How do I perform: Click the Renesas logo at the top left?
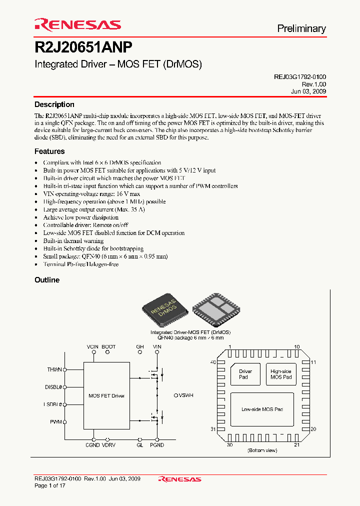pyautogui.click(x=77, y=25)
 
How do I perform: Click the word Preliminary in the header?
pyautogui.click(x=301, y=28)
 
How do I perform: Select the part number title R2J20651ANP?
pyautogui.click(x=83, y=47)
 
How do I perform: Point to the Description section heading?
pyautogui.click(x=54, y=104)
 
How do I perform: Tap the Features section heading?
pyautogui.click(x=49, y=151)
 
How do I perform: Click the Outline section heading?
pyautogui.click(x=47, y=280)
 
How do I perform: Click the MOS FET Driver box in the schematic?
pyautogui.click(x=106, y=395)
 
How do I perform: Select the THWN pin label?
pyautogui.click(x=54, y=369)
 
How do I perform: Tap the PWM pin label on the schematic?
pyautogui.click(x=56, y=422)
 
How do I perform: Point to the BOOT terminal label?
pyautogui.click(x=108, y=346)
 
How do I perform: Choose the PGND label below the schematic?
pyautogui.click(x=156, y=445)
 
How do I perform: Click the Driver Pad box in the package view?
pyautogui.click(x=245, y=374)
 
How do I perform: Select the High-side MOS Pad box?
pyautogui.click(x=281, y=374)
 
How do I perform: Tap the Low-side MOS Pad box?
pyautogui.click(x=262, y=409)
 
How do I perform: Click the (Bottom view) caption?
pyautogui.click(x=262, y=450)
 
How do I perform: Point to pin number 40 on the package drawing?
pyautogui.click(x=213, y=362)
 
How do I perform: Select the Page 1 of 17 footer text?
pyautogui.click(x=50, y=485)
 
